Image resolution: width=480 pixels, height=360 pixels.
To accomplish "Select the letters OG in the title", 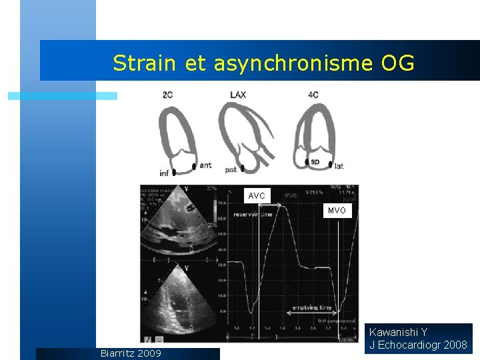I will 397,63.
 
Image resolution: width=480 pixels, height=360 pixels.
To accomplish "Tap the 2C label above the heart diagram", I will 167,95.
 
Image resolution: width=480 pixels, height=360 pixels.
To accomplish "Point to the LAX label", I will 238,95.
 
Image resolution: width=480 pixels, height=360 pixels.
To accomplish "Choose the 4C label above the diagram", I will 313,95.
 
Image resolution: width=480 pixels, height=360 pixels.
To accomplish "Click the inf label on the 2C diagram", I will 164,173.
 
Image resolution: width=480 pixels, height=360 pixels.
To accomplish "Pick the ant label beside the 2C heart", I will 205,165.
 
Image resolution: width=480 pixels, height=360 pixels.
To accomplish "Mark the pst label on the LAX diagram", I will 231,170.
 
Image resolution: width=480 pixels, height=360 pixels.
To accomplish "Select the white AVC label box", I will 257,195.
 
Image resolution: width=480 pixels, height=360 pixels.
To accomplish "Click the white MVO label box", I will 337,211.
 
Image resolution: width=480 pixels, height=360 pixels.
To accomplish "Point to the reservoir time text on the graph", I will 253,215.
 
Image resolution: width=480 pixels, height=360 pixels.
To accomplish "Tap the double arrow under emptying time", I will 312,313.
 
